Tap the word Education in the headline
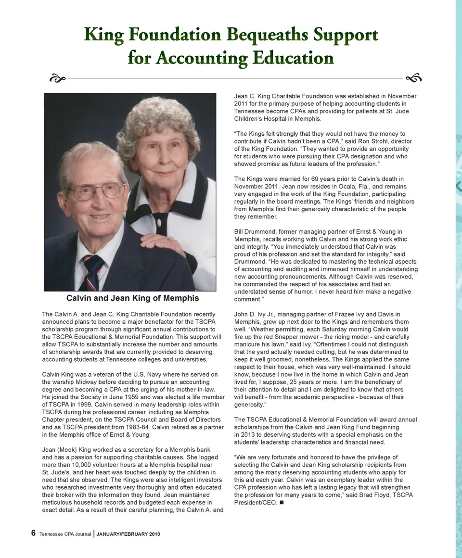292,58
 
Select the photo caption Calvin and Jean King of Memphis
132,298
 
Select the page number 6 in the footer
33,533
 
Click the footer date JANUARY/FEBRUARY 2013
128,534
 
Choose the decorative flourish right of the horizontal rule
413,77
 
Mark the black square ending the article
281,503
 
